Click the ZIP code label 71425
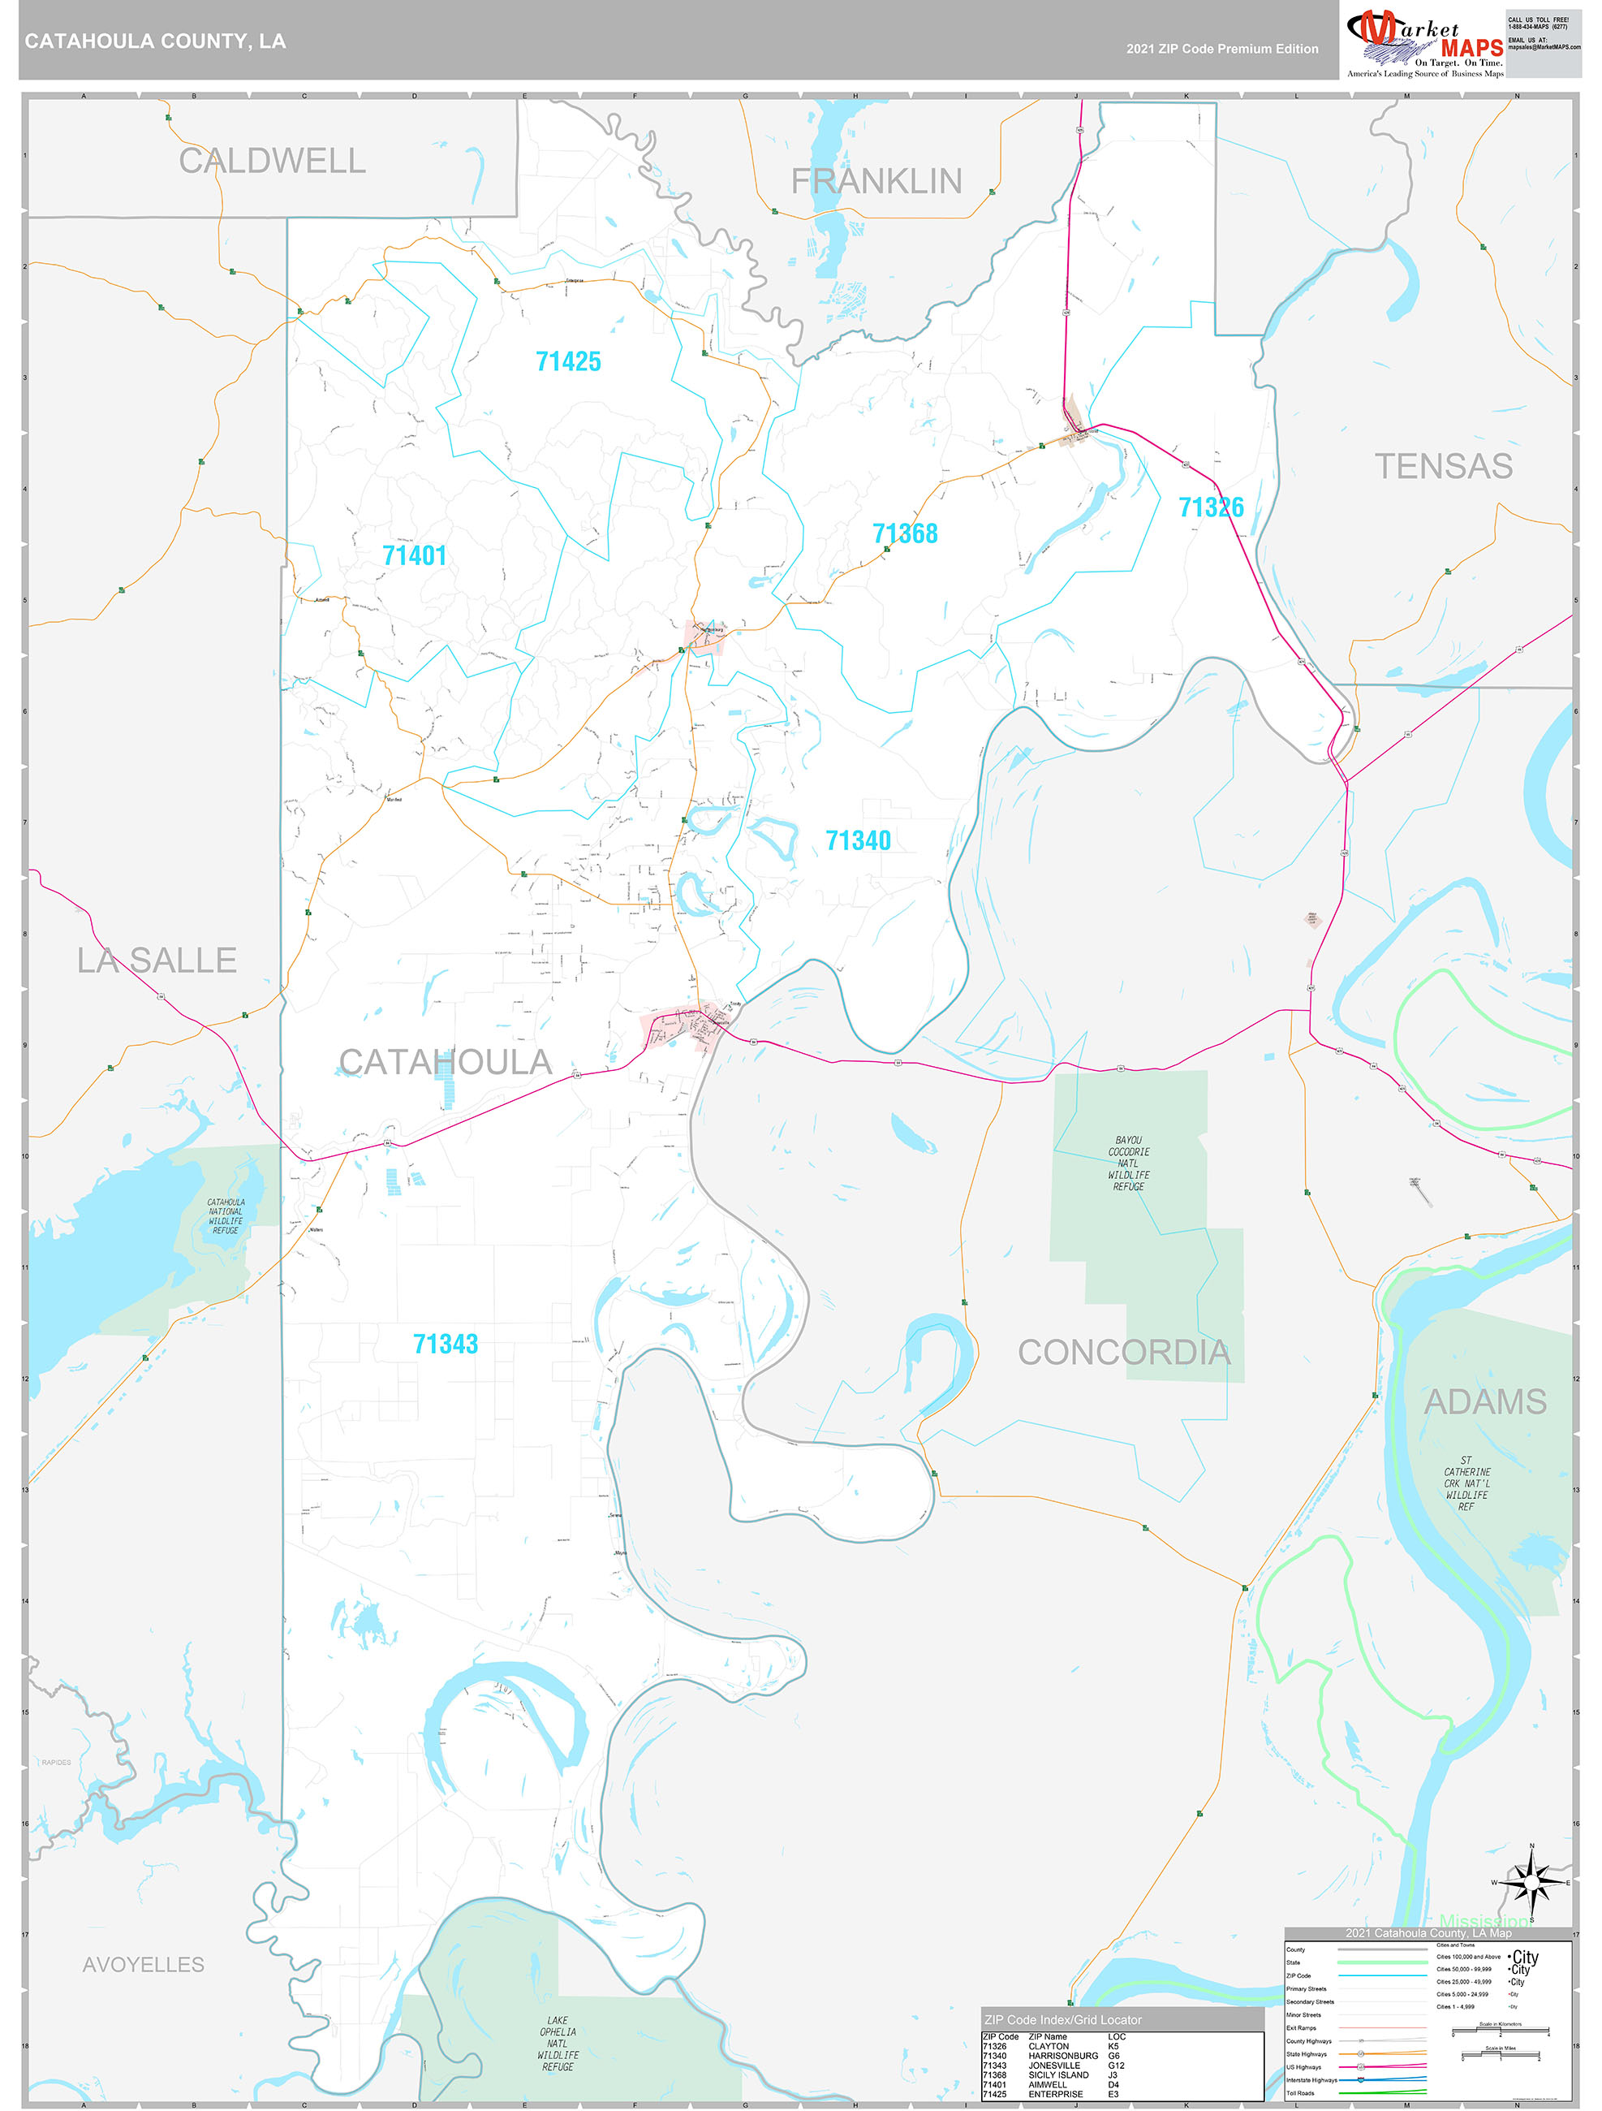568,361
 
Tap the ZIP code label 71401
414,555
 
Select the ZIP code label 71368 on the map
905,533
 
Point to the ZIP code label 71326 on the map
1211,507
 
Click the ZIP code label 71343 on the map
445,1344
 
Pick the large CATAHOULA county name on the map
445,1062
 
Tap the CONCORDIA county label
1123,1353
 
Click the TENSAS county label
1443,467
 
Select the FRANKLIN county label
876,181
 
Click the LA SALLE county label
157,960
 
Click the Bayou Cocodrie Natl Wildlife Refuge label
1128,1163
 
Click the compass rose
1531,1883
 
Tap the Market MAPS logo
1424,43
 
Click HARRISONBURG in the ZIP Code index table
1063,2056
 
